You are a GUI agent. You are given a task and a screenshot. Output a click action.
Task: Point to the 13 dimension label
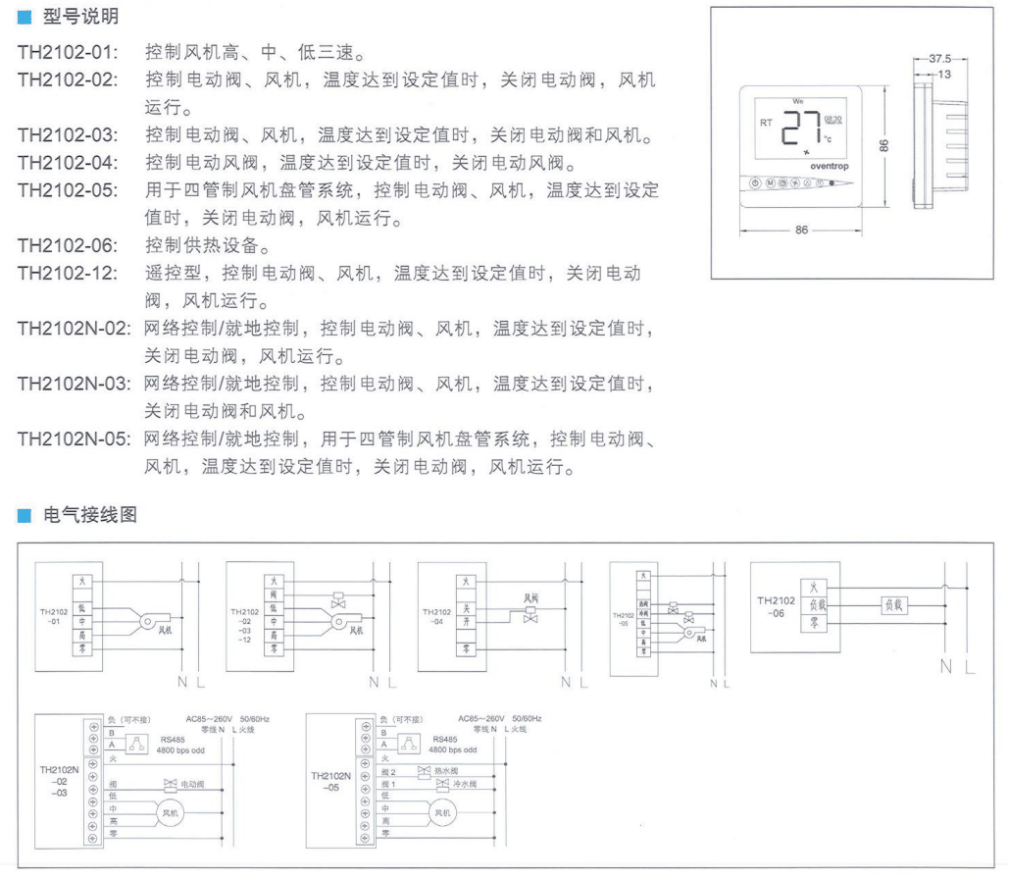pos(944,74)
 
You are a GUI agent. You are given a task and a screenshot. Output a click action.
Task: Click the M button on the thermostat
pos(770,183)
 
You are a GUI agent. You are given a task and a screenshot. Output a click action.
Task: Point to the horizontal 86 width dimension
pos(802,230)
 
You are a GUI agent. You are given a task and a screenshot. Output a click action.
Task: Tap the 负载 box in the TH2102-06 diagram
pos(895,605)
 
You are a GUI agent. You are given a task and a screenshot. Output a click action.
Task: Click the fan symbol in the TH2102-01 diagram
pos(150,619)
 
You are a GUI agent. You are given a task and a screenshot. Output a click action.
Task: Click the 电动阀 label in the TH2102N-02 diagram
pos(191,785)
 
